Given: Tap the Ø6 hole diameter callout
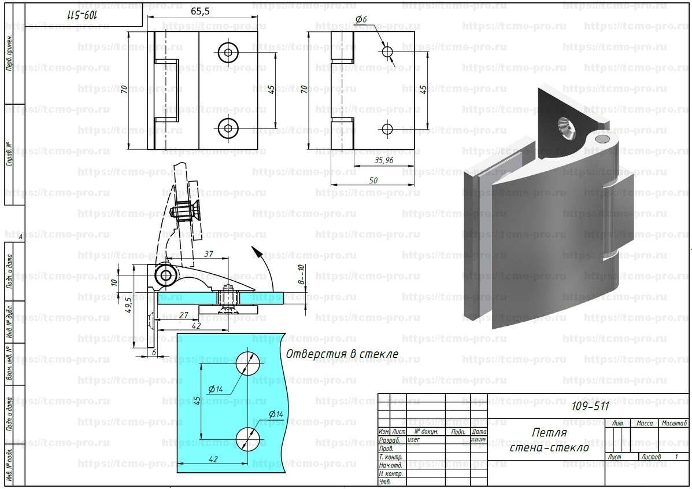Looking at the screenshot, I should coord(361,20).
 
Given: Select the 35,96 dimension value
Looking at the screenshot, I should coord(384,160).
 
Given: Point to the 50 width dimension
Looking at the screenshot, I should coord(373,181).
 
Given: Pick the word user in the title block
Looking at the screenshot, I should coord(414,439).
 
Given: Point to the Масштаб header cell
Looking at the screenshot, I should coord(674,424).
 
